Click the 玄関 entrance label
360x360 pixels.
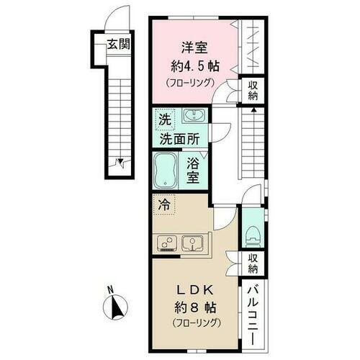click(x=118, y=43)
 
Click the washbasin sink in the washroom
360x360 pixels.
click(x=193, y=116)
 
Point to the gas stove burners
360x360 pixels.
click(x=167, y=243)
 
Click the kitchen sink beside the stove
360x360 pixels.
click(x=194, y=243)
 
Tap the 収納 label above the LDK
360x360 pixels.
click(x=253, y=264)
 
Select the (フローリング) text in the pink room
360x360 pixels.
click(x=191, y=83)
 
